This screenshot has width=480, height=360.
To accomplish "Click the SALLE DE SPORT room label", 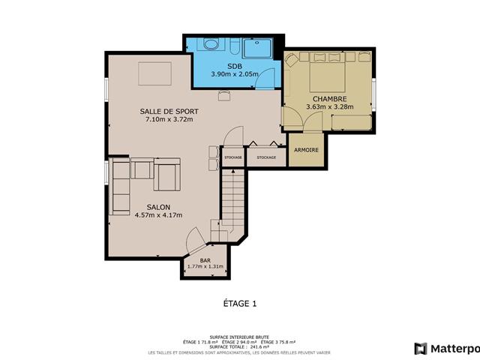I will click(169, 112).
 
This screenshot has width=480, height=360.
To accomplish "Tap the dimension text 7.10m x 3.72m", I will click(169, 120).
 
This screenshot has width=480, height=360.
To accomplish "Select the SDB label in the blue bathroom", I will click(235, 67).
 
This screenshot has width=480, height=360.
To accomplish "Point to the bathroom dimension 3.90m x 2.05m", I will click(235, 74).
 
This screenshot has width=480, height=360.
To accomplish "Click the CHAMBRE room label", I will click(328, 98).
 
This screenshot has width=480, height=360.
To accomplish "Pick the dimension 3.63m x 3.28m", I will click(328, 106).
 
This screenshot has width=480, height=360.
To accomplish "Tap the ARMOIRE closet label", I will click(306, 150).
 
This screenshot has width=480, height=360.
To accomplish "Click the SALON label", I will click(158, 207).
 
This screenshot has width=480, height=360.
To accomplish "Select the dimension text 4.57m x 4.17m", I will click(158, 215).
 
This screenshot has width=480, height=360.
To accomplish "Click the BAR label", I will click(205, 259).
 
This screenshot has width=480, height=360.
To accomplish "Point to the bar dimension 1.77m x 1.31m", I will click(205, 266).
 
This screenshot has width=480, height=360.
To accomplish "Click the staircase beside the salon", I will click(232, 199).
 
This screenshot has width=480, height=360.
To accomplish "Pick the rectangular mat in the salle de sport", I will click(154, 74).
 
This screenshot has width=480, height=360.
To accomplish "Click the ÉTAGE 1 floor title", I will click(240, 304).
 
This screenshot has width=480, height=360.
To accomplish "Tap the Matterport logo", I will click(445, 348).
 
